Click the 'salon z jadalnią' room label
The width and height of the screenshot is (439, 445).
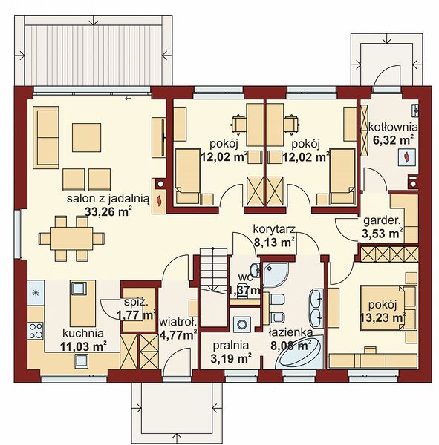tap(108, 198)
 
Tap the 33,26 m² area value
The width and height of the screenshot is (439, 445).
tap(108, 211)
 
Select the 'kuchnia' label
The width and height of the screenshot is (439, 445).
tap(83, 333)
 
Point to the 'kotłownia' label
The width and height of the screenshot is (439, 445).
tap(393, 127)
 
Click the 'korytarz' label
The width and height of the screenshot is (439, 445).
tap(275, 229)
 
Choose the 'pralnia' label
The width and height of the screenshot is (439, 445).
tap(231, 345)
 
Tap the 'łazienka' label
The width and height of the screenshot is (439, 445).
tap(291, 332)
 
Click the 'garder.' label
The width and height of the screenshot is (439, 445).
tap(382, 220)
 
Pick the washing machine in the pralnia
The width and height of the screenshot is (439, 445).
tap(242, 324)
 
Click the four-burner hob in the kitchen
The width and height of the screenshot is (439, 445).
tap(36, 331)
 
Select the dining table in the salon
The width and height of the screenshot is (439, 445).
tap(71, 238)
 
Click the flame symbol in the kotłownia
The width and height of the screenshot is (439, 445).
tap(406, 157)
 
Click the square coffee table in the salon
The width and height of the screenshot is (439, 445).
tap(86, 138)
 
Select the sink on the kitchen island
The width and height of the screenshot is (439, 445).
tap(77, 289)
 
